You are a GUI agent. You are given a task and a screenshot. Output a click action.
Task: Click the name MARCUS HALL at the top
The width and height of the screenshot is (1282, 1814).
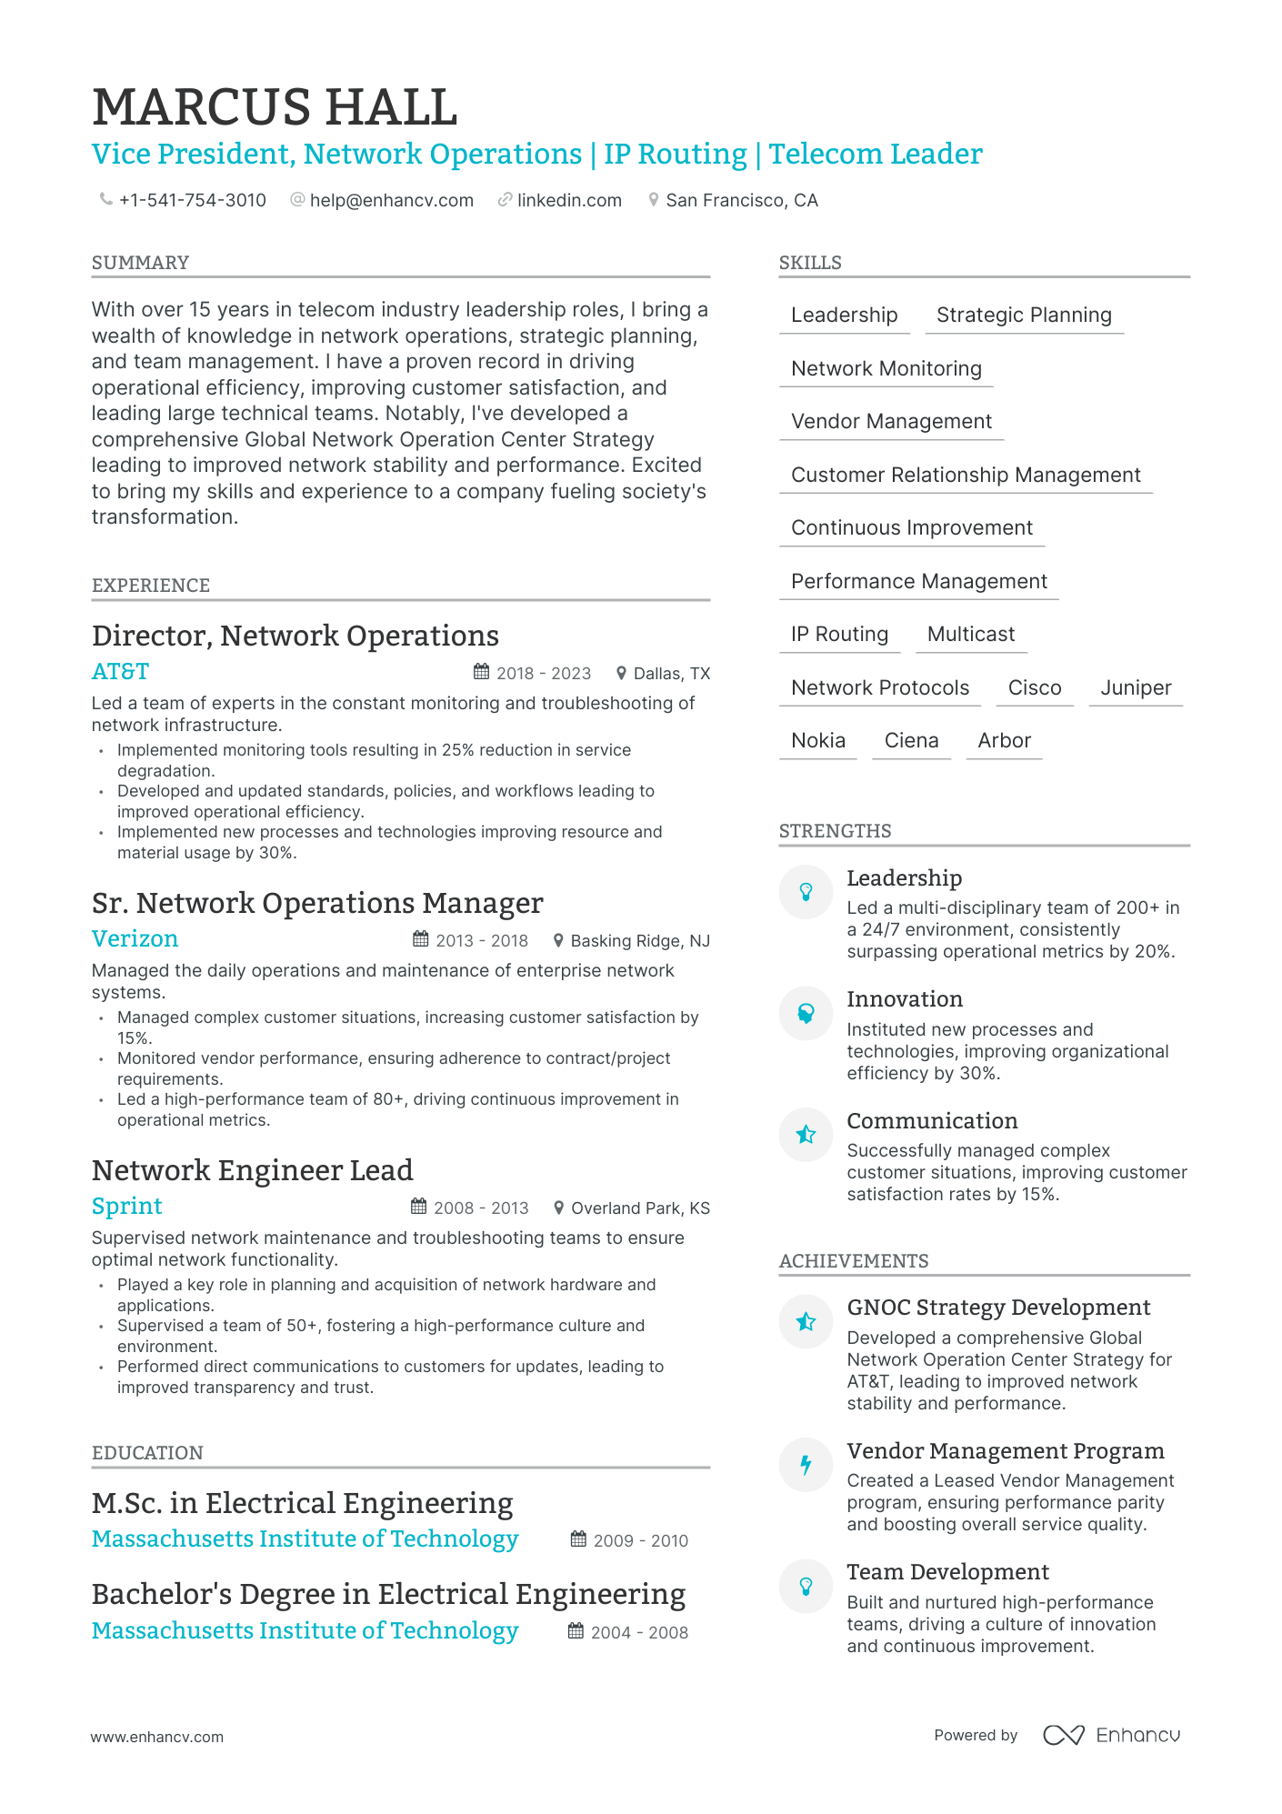coord(275,108)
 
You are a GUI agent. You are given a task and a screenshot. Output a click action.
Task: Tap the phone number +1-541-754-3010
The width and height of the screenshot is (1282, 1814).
coord(192,200)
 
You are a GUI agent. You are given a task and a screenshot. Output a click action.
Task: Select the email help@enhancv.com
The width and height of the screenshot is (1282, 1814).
coord(391,200)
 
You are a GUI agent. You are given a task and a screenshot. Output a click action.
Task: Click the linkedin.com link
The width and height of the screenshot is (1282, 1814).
coord(569,200)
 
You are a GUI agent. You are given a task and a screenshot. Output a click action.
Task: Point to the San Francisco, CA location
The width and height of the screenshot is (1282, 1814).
coord(741,200)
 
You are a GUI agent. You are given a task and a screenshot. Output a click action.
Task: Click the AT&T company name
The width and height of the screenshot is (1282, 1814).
coord(120,672)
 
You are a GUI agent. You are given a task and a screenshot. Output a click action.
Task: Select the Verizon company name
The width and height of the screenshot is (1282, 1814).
coord(135,939)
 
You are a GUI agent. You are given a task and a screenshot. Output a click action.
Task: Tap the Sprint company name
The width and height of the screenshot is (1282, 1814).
coord(126,1207)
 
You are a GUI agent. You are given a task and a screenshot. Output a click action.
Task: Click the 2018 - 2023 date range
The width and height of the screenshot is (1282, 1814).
coord(543,674)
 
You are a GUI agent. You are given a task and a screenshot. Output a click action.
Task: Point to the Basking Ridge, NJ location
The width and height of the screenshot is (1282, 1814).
coord(639,941)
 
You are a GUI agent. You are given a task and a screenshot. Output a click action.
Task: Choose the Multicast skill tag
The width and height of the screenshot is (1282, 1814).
coord(970,635)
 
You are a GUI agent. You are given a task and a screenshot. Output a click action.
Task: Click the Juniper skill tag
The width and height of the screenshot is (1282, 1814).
coord(1135,688)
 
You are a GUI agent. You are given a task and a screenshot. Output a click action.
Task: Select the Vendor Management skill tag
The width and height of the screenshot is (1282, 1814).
coord(891,422)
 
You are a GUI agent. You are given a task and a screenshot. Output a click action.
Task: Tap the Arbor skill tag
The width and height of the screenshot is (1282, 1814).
coord(1004,741)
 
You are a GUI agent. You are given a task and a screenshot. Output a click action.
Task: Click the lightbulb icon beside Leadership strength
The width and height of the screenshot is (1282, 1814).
coord(806,892)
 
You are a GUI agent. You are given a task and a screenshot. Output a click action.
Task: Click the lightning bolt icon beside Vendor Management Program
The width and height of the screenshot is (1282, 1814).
coord(806,1465)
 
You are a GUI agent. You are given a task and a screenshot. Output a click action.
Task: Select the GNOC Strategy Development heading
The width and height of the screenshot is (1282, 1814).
coord(998,1308)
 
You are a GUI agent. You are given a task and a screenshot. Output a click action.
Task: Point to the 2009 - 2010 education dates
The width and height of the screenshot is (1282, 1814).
coord(640,1541)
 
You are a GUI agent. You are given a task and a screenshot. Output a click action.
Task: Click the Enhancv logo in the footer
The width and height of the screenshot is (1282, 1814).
coord(1111,1735)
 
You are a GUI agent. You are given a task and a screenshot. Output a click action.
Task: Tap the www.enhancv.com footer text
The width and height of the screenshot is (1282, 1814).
coord(156,1737)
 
